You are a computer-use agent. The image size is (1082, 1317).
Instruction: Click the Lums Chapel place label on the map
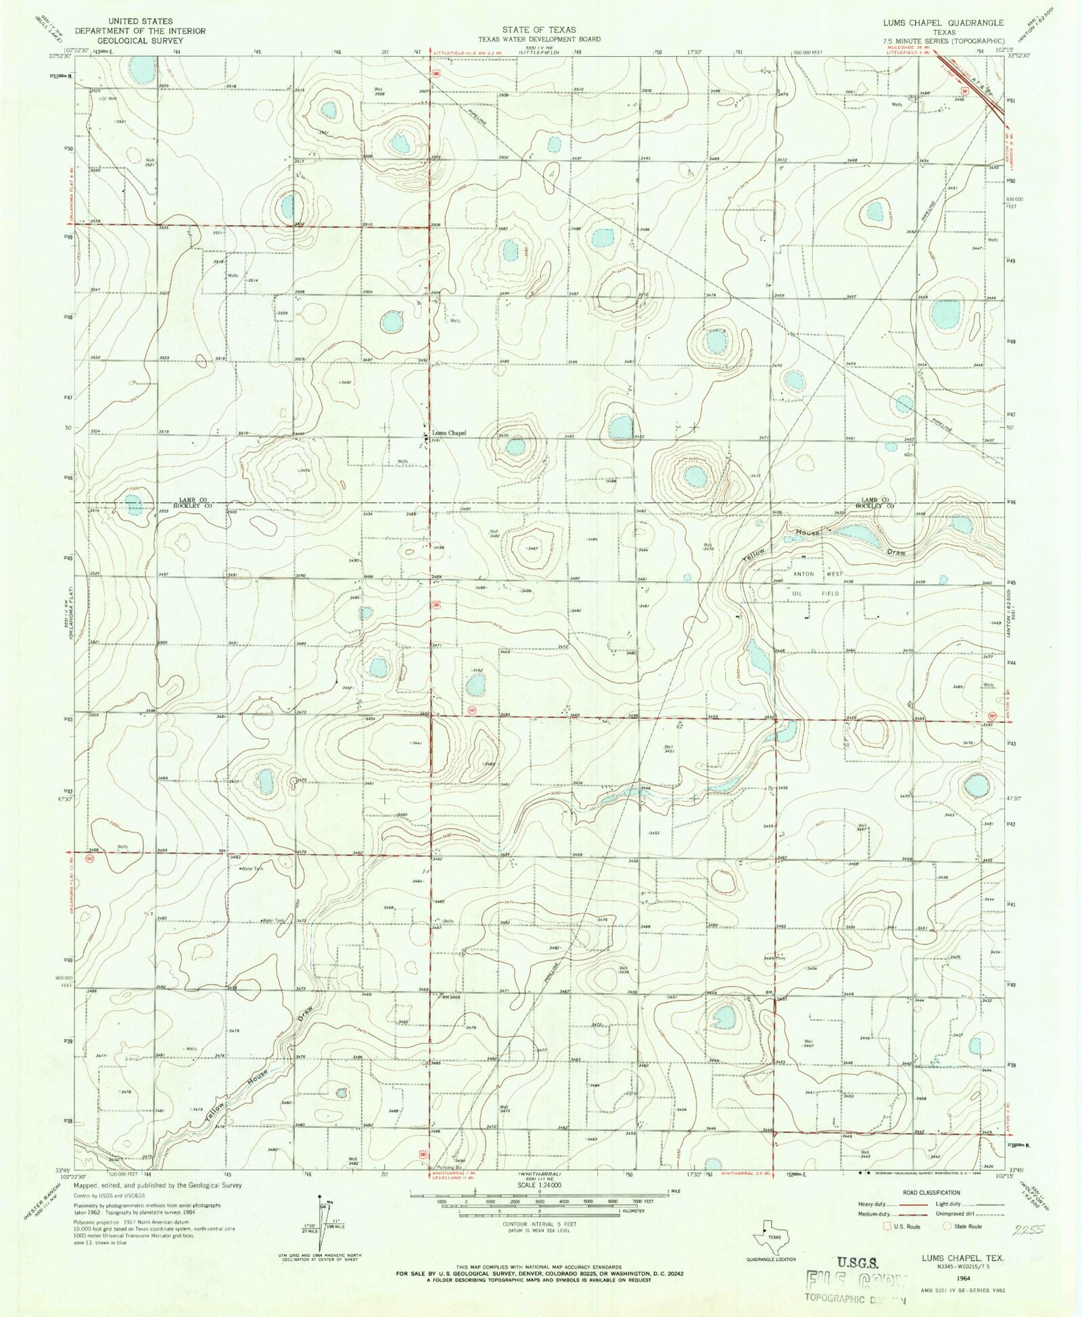449,433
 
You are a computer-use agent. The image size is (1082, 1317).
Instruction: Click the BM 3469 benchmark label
450,997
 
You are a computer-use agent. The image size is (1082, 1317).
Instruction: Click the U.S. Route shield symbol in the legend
886,1226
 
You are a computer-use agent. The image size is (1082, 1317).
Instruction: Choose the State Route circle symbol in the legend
947,1226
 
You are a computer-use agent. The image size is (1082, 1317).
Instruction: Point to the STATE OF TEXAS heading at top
539,30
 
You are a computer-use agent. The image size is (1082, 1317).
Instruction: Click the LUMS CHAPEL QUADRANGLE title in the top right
943,23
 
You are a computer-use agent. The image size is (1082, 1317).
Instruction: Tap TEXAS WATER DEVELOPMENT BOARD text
539,39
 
